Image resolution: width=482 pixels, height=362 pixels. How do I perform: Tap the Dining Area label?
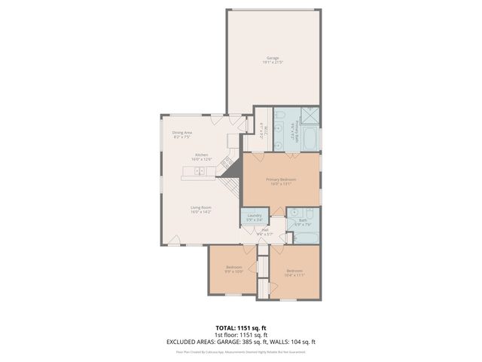coord(183,134)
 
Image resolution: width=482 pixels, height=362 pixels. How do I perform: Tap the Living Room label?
coord(200,209)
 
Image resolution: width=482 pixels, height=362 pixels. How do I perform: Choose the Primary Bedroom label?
coord(281,180)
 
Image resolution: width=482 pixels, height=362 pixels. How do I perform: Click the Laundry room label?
coord(255,218)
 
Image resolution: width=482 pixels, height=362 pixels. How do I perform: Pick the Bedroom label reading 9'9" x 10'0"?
coord(233,268)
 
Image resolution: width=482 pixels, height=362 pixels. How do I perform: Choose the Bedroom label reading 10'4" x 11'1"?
coord(294,272)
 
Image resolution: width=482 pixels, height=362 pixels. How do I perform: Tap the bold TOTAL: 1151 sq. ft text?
coord(240,328)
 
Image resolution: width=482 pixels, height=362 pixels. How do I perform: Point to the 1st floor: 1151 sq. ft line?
coord(240,335)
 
